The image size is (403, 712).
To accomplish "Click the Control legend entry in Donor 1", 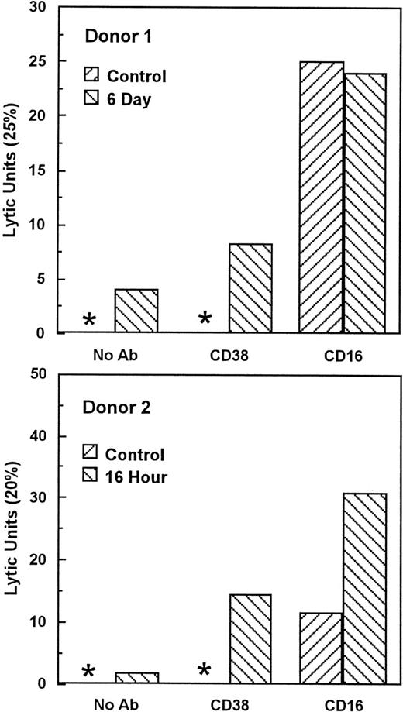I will pos(129,76).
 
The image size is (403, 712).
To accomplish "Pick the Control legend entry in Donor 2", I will pos(127,455).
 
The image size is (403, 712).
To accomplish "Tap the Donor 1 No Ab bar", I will pos(136,311).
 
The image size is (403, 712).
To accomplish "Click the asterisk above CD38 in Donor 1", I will pos(205,318).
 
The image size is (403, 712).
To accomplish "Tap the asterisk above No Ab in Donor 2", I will pos(89,672).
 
